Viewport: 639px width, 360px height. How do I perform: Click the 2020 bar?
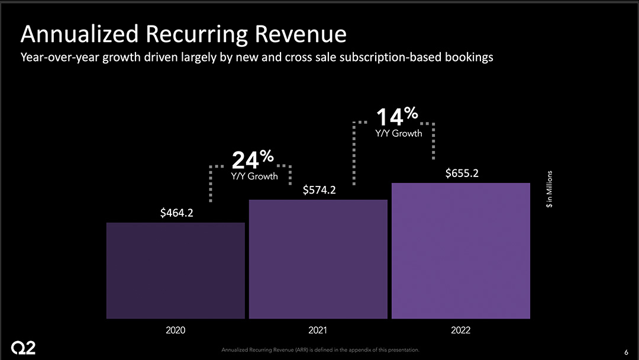(x=175, y=271)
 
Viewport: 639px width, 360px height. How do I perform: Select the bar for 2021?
(x=318, y=259)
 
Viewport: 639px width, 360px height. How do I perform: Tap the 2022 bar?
(x=460, y=251)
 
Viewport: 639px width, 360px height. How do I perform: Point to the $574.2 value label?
(x=319, y=190)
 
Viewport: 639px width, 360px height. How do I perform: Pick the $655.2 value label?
(x=461, y=173)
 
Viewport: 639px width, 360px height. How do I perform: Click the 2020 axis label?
(x=175, y=330)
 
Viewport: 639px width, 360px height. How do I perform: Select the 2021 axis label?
(x=318, y=330)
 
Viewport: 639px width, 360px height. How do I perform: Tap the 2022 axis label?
(x=460, y=330)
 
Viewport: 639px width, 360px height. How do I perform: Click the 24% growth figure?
(x=253, y=159)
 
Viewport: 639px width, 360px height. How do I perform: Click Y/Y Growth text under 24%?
(x=254, y=176)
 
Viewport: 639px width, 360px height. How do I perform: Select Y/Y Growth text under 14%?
(x=399, y=133)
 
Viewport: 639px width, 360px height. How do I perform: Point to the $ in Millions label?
(x=550, y=189)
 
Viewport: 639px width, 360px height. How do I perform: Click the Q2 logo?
(x=24, y=348)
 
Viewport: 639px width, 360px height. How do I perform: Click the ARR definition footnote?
(x=320, y=350)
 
